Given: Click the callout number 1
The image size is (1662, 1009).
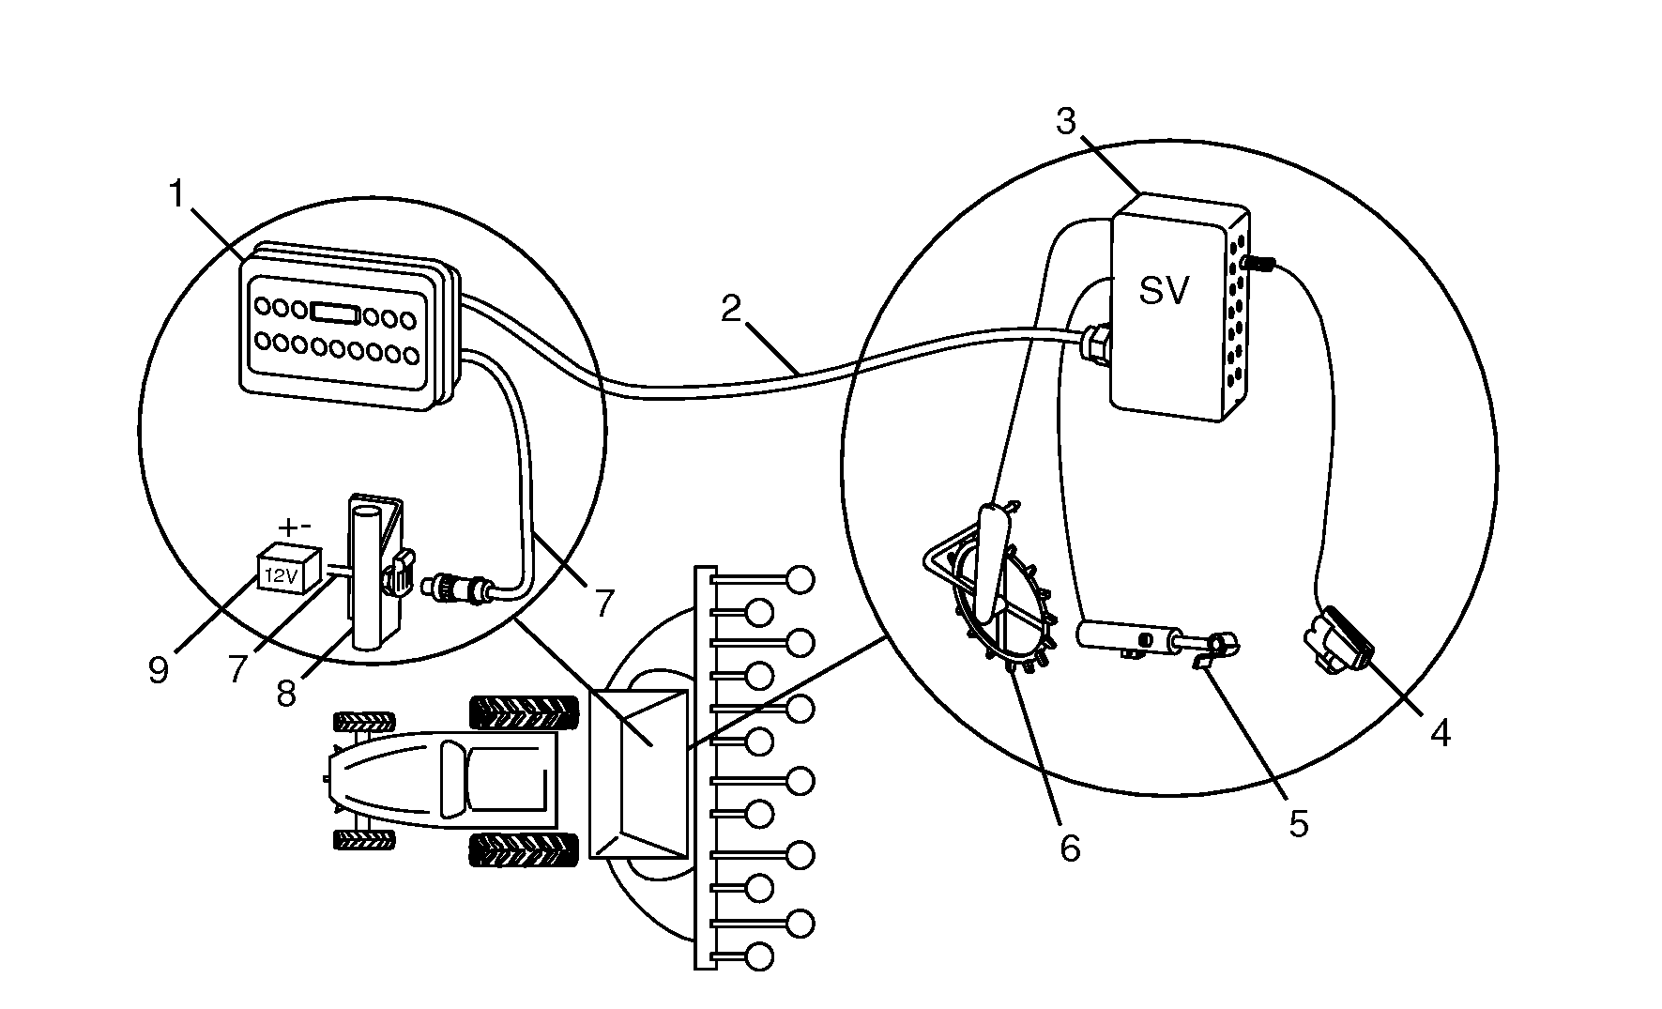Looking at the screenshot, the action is pyautogui.click(x=177, y=194).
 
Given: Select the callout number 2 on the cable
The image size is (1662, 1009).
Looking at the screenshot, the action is pyautogui.click(x=732, y=308).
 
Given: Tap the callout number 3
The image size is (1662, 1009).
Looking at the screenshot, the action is pyautogui.click(x=1065, y=121).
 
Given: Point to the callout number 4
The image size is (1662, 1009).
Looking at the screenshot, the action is pyautogui.click(x=1440, y=733).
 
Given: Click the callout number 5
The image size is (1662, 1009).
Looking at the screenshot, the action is pyautogui.click(x=1298, y=823).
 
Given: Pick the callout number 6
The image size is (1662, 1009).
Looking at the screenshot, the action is pyautogui.click(x=1070, y=848).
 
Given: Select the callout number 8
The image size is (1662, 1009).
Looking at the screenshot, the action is pyautogui.click(x=287, y=694).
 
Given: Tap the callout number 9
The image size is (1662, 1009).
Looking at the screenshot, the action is pyautogui.click(x=159, y=670).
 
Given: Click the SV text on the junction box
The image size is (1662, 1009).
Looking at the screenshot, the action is pyautogui.click(x=1164, y=291).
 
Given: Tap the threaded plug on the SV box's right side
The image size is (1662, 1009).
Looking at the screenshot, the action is pyautogui.click(x=1257, y=265).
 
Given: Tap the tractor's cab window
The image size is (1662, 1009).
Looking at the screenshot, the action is pyautogui.click(x=453, y=776).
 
